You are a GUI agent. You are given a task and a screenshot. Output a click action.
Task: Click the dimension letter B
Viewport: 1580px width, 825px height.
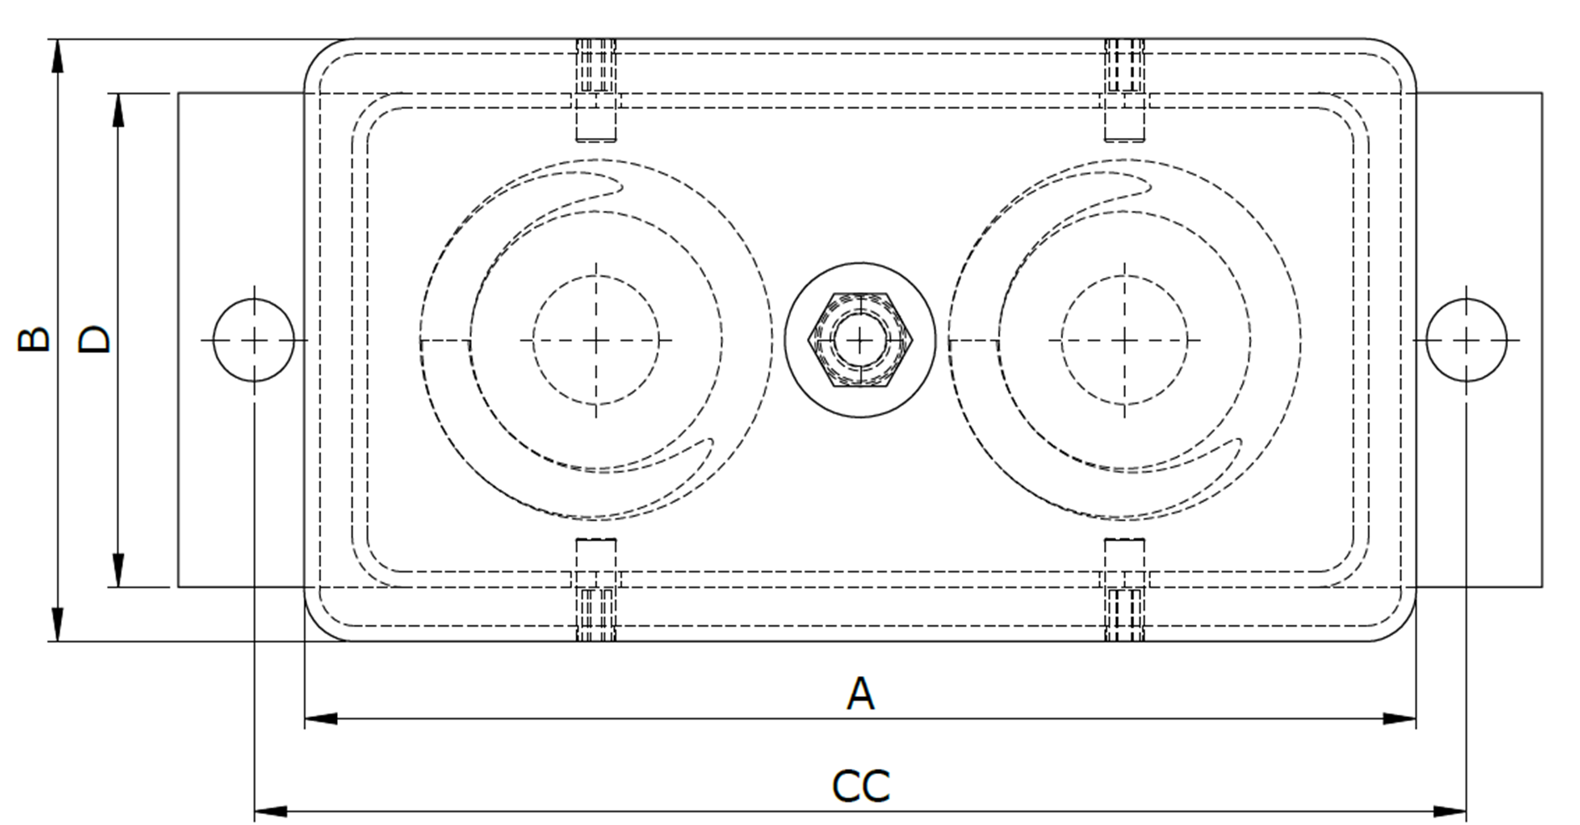(x=34, y=339)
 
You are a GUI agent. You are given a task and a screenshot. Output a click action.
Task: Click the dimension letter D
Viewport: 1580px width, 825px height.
(x=95, y=339)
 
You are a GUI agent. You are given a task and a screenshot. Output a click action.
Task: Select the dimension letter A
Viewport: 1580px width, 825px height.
(x=860, y=694)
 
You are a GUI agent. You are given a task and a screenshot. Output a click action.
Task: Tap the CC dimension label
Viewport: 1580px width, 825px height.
(x=860, y=786)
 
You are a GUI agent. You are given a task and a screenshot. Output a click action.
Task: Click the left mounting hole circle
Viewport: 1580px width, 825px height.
(x=253, y=340)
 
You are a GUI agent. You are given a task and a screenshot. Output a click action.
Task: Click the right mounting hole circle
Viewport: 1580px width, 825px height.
(x=1465, y=340)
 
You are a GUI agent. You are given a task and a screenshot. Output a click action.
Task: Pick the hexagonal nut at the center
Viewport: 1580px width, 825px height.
(x=860, y=340)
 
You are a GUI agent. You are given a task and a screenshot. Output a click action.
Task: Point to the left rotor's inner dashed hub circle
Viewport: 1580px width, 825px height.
(x=596, y=340)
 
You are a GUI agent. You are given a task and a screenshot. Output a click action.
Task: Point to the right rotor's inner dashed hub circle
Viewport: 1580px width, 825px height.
(x=1124, y=340)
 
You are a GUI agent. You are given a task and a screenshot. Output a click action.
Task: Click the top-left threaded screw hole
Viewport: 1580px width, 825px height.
(x=596, y=67)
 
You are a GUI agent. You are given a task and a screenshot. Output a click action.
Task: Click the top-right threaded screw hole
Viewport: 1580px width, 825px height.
(x=1124, y=67)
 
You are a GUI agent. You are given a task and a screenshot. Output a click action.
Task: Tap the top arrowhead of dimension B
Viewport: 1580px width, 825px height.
(x=57, y=54)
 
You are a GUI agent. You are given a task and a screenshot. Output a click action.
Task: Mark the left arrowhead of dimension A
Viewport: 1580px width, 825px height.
(x=320, y=718)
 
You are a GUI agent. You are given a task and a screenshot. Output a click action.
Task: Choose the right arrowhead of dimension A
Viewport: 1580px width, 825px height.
(x=1399, y=718)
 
